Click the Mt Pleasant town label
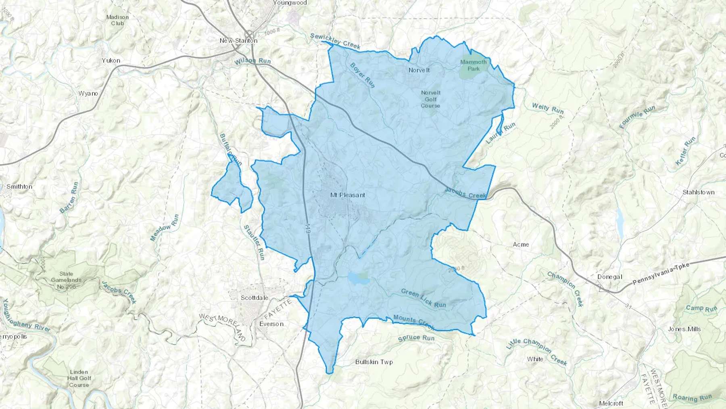click(x=347, y=195)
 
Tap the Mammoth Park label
click(x=474, y=65)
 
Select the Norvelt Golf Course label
click(x=430, y=99)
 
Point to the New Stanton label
click(x=238, y=40)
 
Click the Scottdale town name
click(x=254, y=298)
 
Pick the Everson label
click(x=271, y=324)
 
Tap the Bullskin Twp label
click(x=374, y=362)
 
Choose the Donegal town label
click(x=609, y=277)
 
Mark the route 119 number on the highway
click(x=308, y=231)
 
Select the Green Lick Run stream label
click(x=423, y=298)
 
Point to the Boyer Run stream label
click(x=363, y=75)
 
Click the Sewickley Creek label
click(x=335, y=41)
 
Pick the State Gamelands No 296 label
click(x=66, y=280)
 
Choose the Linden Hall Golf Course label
click(x=79, y=378)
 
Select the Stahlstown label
click(x=698, y=192)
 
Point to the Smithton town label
click(x=19, y=187)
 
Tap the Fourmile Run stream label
click(x=637, y=117)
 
